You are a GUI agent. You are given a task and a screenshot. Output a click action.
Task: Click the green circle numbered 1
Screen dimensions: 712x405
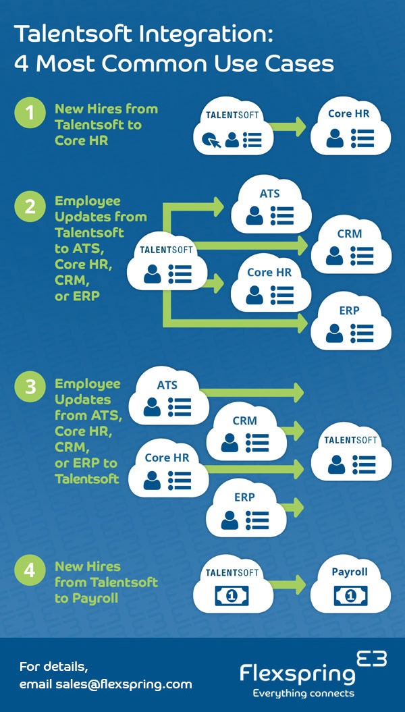pyautogui.click(x=30, y=113)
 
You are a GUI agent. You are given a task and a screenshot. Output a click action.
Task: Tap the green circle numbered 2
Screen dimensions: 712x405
pyautogui.click(x=30, y=207)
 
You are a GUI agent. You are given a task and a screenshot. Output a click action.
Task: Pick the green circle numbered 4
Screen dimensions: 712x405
pyautogui.click(x=30, y=570)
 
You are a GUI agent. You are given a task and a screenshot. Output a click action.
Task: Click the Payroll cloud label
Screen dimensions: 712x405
pyautogui.click(x=350, y=572)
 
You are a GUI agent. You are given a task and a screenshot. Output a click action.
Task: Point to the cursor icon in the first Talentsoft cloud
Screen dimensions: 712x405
pyautogui.click(x=210, y=140)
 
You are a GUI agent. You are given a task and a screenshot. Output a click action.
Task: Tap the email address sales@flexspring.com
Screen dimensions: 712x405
pyautogui.click(x=106, y=684)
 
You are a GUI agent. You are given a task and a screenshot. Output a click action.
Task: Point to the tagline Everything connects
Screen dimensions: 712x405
pyautogui.click(x=303, y=693)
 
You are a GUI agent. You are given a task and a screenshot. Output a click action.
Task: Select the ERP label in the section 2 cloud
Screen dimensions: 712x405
pyautogui.click(x=349, y=310)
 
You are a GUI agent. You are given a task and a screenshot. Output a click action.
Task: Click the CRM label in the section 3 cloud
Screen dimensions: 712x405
pyautogui.click(x=244, y=420)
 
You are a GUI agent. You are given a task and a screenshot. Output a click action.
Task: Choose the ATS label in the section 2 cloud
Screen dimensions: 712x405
pyautogui.click(x=270, y=194)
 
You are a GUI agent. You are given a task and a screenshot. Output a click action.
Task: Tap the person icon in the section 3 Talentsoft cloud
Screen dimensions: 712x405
pyautogui.click(x=335, y=464)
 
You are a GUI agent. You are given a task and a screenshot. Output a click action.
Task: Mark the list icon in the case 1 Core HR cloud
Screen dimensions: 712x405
pyautogui.click(x=362, y=138)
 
